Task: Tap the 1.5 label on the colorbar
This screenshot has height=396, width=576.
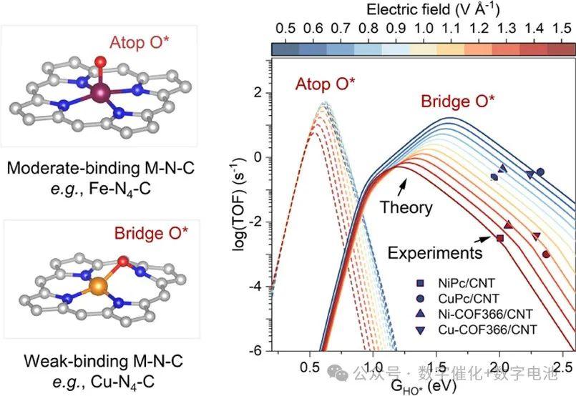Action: [x=562, y=27]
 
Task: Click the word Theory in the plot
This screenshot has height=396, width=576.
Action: [x=406, y=208]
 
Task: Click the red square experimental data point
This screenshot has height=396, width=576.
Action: [x=499, y=238]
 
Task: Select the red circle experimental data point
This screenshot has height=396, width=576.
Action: [x=546, y=254]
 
